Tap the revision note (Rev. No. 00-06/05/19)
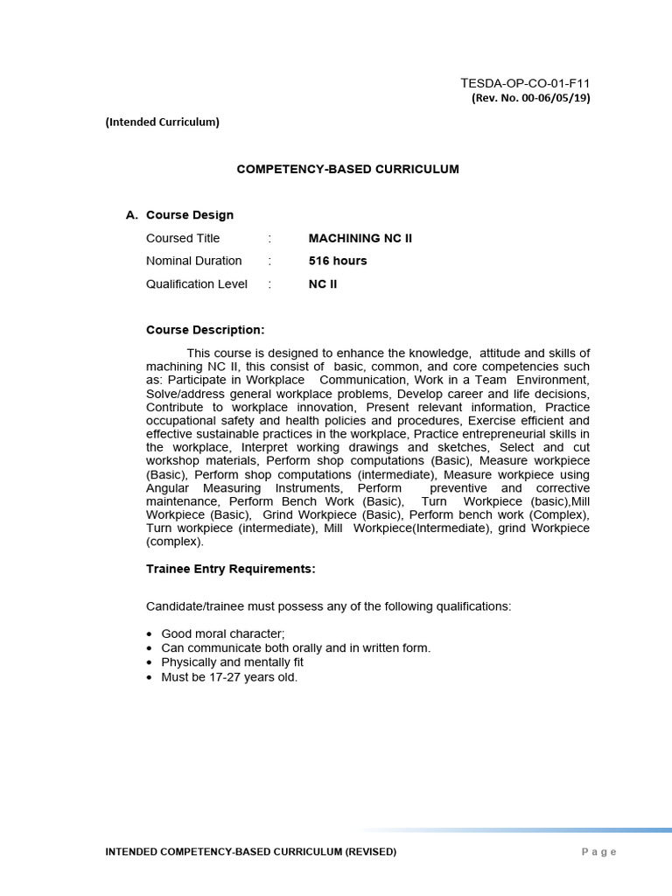click(x=531, y=98)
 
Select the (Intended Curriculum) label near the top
click(x=162, y=122)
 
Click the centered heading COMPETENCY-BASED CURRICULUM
click(x=347, y=169)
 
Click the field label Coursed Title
click(x=183, y=238)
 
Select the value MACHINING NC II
click(x=360, y=238)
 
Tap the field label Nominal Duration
click(x=194, y=261)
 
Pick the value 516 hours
click(x=338, y=261)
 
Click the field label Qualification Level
click(x=197, y=283)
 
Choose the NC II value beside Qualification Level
click(x=323, y=283)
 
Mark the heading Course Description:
click(x=205, y=330)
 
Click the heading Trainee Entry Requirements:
click(x=230, y=569)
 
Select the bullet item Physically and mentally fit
click(x=232, y=662)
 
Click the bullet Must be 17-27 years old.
click(x=229, y=677)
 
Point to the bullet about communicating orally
click(x=296, y=648)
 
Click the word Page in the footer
click(x=598, y=852)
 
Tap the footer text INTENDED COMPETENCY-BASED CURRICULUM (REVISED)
click(x=250, y=851)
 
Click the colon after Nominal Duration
click(x=270, y=261)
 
